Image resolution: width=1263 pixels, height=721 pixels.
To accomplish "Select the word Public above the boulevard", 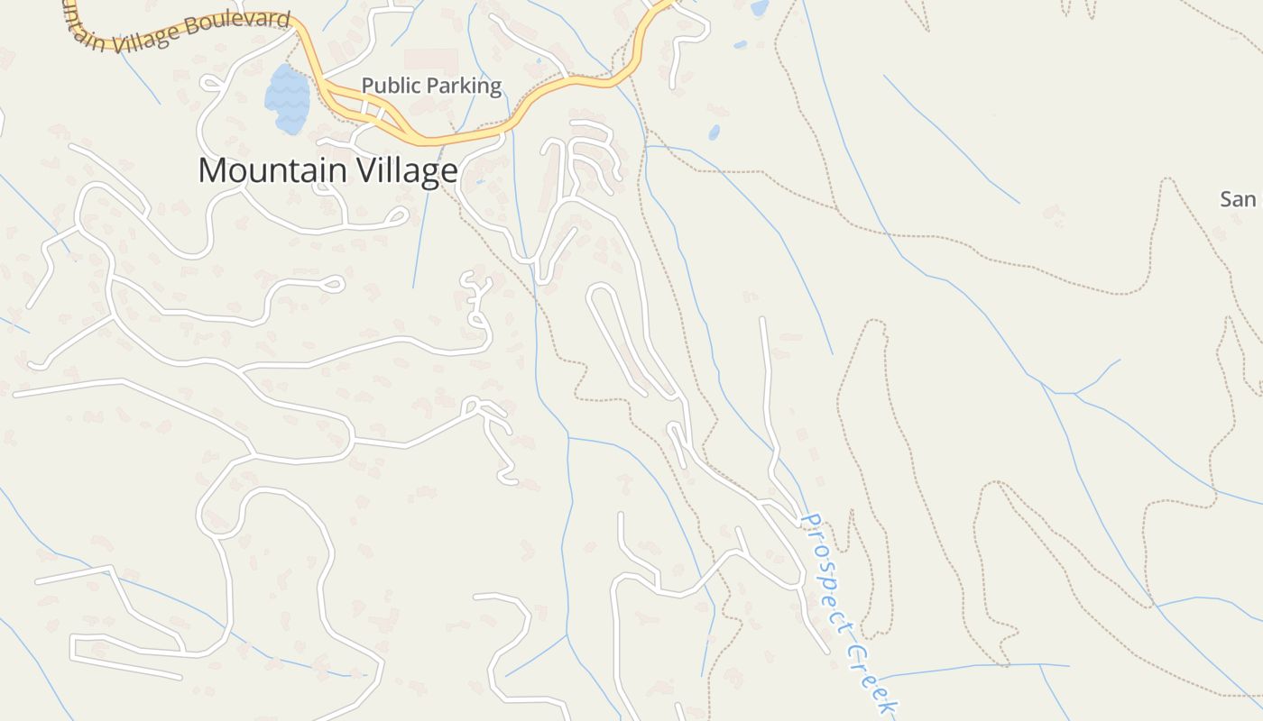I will click(390, 86).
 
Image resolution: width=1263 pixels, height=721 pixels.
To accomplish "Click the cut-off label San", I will click(1238, 199).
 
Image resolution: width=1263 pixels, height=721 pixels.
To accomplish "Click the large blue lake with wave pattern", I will click(287, 97).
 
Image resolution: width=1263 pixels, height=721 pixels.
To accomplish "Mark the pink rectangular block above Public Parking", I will click(430, 61).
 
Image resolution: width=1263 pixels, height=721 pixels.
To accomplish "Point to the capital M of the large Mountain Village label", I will click(211, 170).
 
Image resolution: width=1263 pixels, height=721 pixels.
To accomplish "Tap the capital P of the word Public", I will click(367, 86).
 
